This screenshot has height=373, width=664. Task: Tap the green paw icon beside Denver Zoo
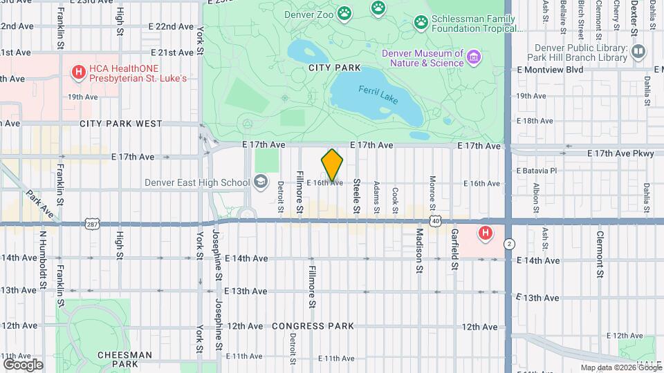point(344,14)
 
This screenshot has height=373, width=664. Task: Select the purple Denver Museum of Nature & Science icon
point(473,56)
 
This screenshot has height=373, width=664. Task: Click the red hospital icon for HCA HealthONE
point(78,71)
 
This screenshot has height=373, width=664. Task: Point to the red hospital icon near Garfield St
point(486,233)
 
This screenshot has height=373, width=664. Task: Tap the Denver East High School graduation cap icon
point(261,182)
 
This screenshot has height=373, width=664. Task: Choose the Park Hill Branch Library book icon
point(638,52)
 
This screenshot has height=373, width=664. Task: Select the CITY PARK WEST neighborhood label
point(120,124)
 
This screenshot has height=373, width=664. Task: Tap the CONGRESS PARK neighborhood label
point(313,325)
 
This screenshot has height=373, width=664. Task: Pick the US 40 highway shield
point(435,220)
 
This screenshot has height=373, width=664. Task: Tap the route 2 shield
point(509,244)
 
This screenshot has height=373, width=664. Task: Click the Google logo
point(23,364)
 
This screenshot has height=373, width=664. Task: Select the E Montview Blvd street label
point(550,70)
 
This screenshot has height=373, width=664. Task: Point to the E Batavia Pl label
point(536,170)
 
